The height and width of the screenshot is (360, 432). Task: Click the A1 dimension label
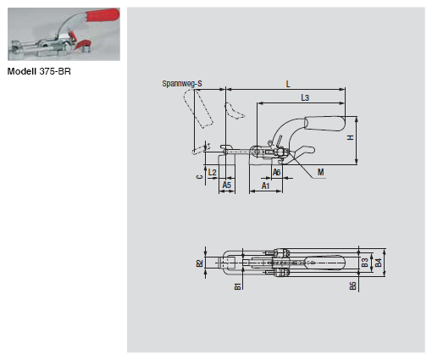(266, 184)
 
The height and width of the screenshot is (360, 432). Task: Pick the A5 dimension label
(227, 184)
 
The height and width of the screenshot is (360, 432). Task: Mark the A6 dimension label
(277, 172)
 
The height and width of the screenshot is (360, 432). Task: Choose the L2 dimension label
(212, 172)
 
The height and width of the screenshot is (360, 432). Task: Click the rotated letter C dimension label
(197, 177)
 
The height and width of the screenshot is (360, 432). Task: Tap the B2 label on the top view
(200, 263)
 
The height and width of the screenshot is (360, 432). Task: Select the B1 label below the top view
(238, 286)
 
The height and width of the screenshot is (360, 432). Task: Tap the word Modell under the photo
(22, 72)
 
